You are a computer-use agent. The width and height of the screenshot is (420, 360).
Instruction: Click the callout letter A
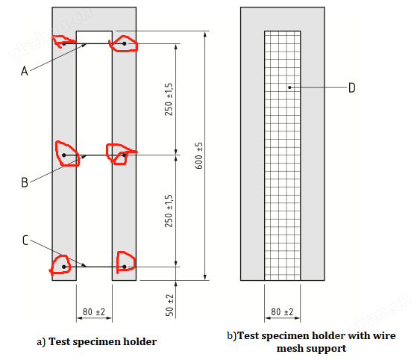click(x=25, y=71)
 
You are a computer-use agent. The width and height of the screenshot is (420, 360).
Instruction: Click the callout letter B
click(x=25, y=182)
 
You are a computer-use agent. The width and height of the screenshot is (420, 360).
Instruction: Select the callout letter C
click(x=25, y=240)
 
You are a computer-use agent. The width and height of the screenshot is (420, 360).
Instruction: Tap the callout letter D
click(x=352, y=87)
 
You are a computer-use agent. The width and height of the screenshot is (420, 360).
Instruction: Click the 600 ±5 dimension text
click(x=198, y=155)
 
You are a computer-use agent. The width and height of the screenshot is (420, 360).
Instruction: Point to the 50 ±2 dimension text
click(x=169, y=305)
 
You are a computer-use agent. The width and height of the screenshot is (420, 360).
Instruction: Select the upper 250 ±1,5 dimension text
click(x=169, y=99)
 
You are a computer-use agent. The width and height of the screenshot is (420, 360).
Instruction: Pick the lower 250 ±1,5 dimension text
click(x=169, y=211)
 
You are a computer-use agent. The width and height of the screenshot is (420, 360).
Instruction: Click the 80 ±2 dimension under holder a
click(x=94, y=311)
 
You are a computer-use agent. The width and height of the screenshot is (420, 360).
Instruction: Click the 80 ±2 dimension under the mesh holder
click(x=282, y=311)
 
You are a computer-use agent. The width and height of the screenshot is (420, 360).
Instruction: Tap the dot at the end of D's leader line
click(x=289, y=87)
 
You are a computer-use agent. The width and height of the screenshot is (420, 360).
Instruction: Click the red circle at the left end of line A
click(x=63, y=42)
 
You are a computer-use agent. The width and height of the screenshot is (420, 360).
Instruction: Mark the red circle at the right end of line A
click(x=124, y=43)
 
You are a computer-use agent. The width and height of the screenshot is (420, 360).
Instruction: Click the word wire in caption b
click(x=385, y=336)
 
